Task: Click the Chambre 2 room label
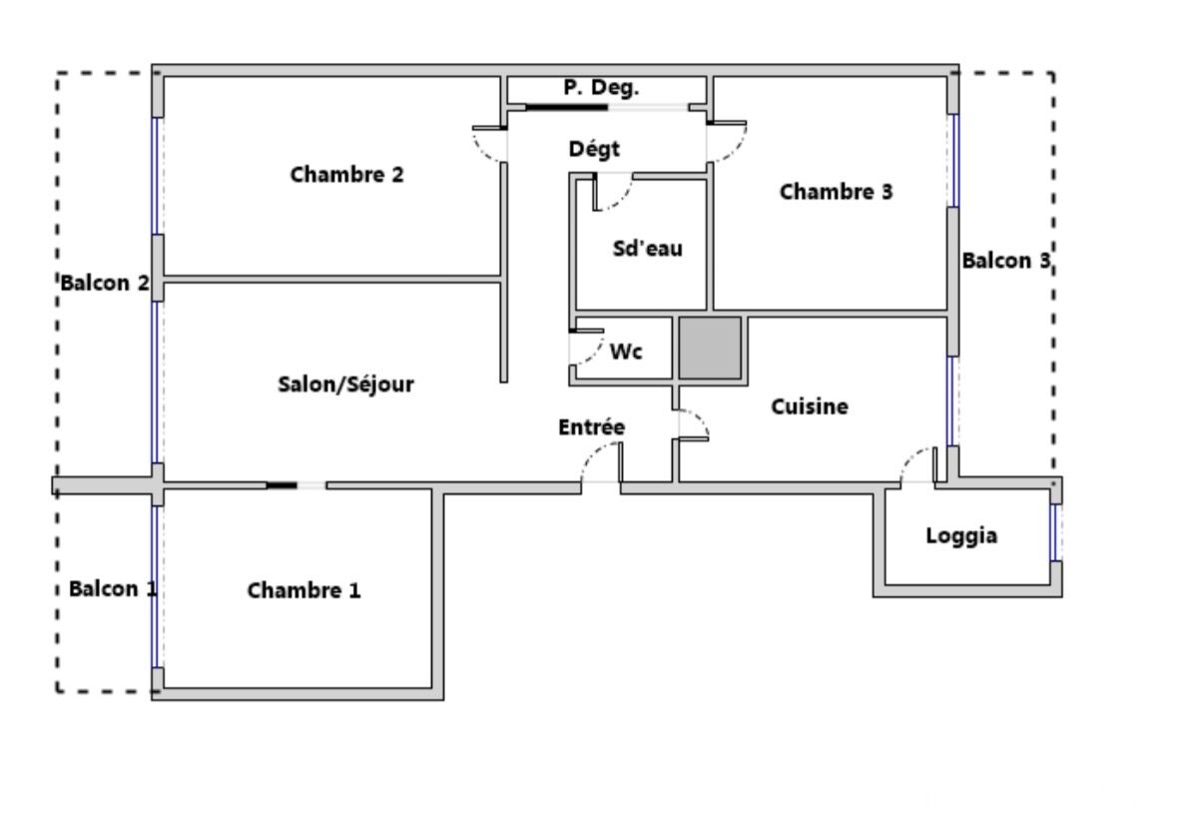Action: coord(346,175)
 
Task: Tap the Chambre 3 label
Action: coord(837,192)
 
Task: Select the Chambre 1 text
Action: coord(304,590)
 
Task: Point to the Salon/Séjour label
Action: coord(346,385)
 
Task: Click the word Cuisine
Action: coord(810,407)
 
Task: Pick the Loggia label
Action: coord(961,536)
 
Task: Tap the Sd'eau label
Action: coord(648,249)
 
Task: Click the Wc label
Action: coord(626,352)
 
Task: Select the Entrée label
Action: coord(592,427)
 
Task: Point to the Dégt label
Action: coord(595,149)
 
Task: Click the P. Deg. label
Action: coord(601,88)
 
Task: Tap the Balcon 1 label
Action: coord(114,588)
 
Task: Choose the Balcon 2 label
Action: coord(105,283)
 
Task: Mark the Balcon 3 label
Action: coord(1006,261)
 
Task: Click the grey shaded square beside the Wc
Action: coord(710,348)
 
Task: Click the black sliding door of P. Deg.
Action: coord(566,107)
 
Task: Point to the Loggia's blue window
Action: coord(1054,532)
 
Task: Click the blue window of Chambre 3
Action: coord(954,161)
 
